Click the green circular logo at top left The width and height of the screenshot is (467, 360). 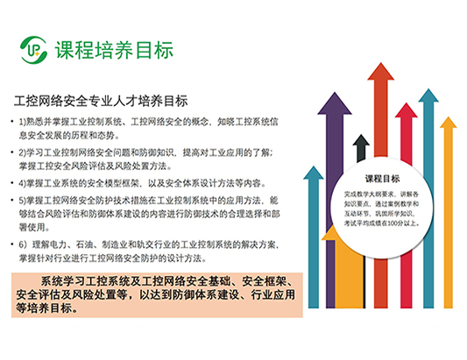coord(33,45)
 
